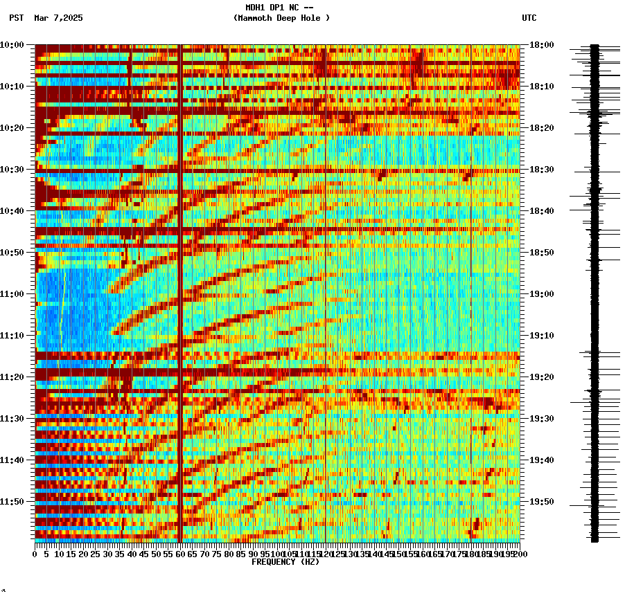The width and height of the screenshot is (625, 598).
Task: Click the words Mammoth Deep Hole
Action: pyautogui.click(x=281, y=18)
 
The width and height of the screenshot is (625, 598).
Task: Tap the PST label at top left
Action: pyautogui.click(x=16, y=18)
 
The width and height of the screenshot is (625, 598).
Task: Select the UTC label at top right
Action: pyautogui.click(x=529, y=18)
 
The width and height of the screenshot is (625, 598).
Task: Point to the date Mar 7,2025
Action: pyautogui.click(x=58, y=18)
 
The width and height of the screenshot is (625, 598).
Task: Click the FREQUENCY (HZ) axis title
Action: pyautogui.click(x=285, y=562)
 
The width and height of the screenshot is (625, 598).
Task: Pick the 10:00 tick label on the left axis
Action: pyautogui.click(x=12, y=45)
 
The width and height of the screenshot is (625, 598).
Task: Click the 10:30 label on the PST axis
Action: pyautogui.click(x=12, y=170)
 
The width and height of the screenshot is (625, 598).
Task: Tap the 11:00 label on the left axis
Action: pyautogui.click(x=12, y=294)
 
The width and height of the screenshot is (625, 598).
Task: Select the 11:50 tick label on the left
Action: pyautogui.click(x=12, y=502)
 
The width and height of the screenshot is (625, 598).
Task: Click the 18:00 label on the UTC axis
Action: pyautogui.click(x=541, y=45)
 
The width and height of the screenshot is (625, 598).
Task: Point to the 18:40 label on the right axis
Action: pyautogui.click(x=541, y=211)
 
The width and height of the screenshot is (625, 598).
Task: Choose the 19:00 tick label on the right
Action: pyautogui.click(x=541, y=294)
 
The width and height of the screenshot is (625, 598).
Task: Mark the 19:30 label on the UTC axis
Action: pyautogui.click(x=541, y=419)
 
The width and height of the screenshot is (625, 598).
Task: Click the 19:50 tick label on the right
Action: pyautogui.click(x=541, y=502)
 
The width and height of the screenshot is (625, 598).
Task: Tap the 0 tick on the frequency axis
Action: pyautogui.click(x=35, y=554)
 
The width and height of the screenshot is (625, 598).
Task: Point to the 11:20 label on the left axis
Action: pyautogui.click(x=12, y=377)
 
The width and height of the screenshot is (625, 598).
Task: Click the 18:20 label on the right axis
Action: pyautogui.click(x=541, y=128)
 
